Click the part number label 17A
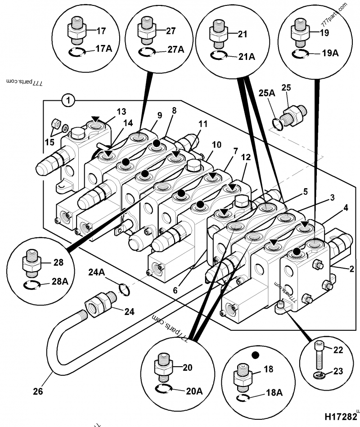click(103, 49)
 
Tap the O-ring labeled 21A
click(218, 55)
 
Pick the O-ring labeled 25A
click(278, 123)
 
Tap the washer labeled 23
click(319, 375)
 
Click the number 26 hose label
click(38, 391)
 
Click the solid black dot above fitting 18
click(255, 355)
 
